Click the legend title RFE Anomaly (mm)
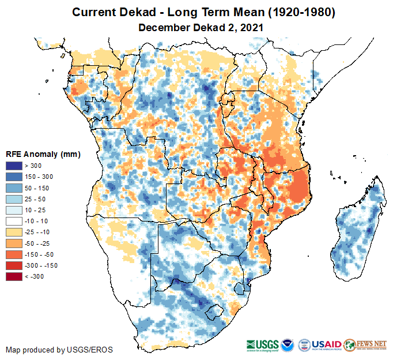(43, 155)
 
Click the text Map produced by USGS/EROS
(59, 350)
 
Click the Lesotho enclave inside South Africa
(214, 312)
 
